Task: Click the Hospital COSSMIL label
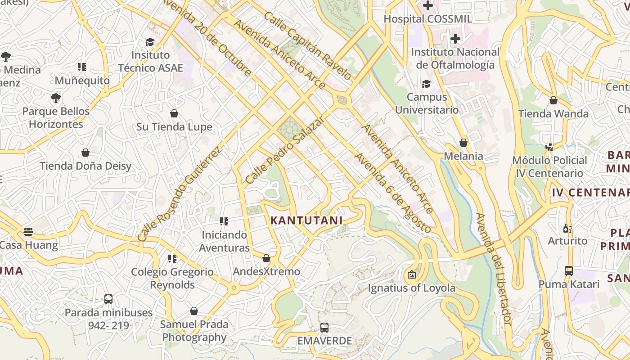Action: (x=427, y=19)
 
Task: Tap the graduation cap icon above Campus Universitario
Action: (x=426, y=84)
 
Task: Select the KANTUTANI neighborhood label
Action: (x=306, y=220)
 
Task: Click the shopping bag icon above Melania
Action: (x=463, y=143)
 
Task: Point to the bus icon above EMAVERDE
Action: (x=324, y=328)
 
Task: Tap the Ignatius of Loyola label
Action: (x=412, y=288)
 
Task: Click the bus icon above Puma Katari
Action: (x=569, y=271)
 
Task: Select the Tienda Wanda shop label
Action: (x=553, y=114)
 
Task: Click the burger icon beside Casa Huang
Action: (x=28, y=232)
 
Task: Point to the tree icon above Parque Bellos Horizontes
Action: (x=56, y=98)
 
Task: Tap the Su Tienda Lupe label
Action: (x=174, y=127)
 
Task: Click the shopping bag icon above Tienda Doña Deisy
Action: (x=85, y=153)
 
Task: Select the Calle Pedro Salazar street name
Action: (x=284, y=150)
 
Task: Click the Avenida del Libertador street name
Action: (x=494, y=269)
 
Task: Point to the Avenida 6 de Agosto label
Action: (x=393, y=193)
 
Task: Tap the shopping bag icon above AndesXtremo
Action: (x=266, y=258)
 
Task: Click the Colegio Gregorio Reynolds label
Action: (x=172, y=279)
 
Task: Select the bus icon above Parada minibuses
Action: (x=108, y=299)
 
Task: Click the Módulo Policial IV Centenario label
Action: (x=549, y=166)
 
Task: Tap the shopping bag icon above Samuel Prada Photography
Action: (x=194, y=311)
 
